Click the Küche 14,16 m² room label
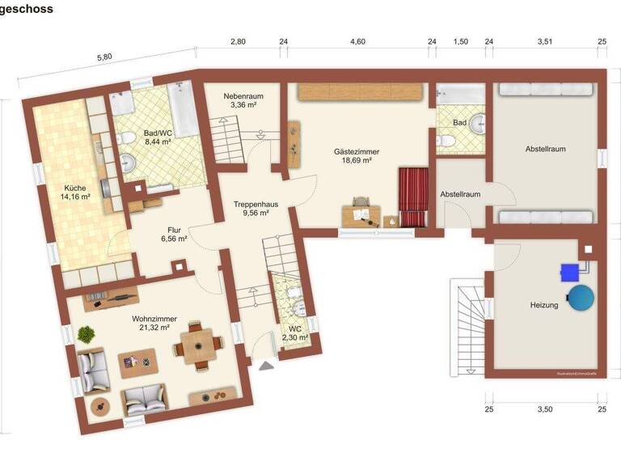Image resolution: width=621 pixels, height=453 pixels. coord(76,191)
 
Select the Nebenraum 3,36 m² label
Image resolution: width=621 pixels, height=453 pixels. coord(244,100)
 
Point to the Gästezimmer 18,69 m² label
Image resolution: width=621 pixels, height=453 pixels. coord(356,156)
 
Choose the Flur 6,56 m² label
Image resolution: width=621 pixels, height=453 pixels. coord(173,235)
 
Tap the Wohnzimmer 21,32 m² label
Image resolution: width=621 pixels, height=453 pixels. coord(154,324)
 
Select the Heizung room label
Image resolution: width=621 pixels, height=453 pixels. coord(544,306)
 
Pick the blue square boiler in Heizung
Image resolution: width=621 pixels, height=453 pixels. coord(572,272)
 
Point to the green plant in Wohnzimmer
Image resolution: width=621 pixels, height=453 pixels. coord(86,332)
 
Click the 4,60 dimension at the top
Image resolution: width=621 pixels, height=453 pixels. coord(357,42)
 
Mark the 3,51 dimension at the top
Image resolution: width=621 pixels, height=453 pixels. coord(543,42)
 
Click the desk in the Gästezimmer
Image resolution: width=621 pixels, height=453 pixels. coord(361,214)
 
